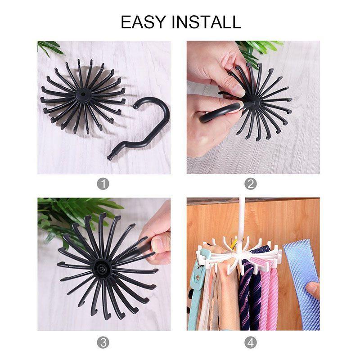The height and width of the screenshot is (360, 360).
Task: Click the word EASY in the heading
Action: (144, 22)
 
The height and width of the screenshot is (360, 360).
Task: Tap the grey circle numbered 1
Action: (103, 184)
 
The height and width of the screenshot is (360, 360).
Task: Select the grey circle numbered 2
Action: (251, 184)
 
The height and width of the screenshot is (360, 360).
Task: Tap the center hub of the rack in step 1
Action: (82, 96)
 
